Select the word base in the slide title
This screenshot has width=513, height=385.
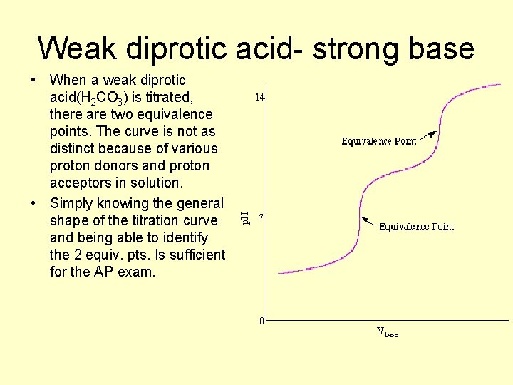[x=440, y=48]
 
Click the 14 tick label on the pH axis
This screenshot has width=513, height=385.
[x=260, y=98]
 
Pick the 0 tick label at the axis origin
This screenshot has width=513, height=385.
[x=262, y=321]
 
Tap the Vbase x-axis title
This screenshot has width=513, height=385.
[x=387, y=332]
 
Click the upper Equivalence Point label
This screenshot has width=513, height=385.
[x=378, y=141]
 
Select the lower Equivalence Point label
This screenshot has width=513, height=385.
[x=416, y=227]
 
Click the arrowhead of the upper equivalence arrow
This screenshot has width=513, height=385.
[x=433, y=133]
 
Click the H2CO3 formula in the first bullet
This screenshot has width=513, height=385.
[x=104, y=98]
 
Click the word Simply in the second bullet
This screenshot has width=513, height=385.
[x=73, y=203]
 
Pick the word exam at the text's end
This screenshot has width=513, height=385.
[x=136, y=272]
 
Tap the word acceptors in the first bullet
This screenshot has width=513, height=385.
[x=80, y=183]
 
